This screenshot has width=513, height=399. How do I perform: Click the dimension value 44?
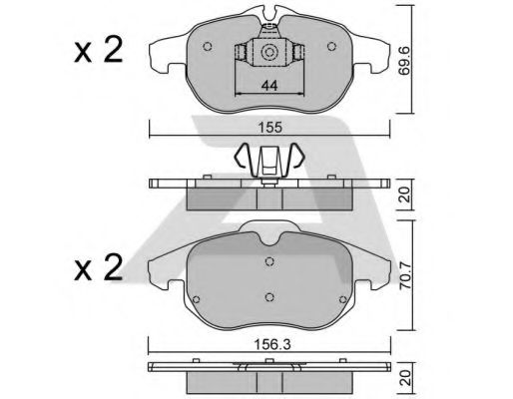pyautogui.click(x=267, y=88)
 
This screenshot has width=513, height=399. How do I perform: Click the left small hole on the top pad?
pyautogui.click(x=207, y=47)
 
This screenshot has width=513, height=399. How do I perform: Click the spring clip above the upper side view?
pyautogui.click(x=267, y=160)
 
